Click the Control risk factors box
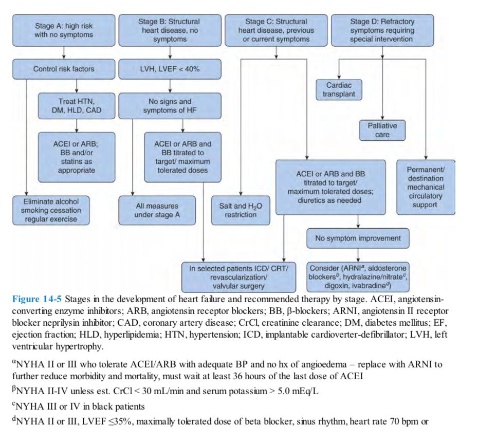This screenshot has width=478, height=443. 64,69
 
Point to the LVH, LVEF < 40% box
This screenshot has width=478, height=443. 169,69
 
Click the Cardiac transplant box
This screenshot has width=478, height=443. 339,90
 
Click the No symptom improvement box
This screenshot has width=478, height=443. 358,238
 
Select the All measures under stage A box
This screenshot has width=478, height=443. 157,210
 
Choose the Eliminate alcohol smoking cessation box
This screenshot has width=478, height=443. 51,210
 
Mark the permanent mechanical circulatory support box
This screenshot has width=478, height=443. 426,187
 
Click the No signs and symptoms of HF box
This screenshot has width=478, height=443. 169,105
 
